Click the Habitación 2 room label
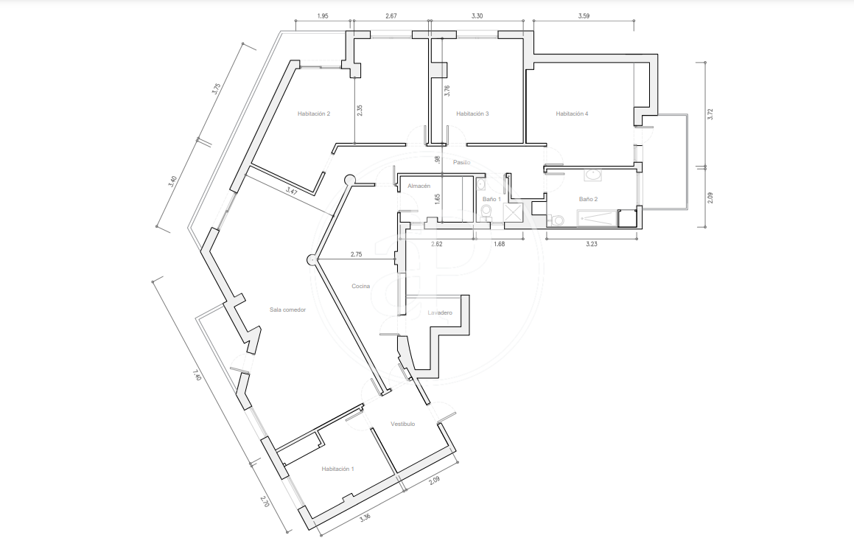pyautogui.click(x=314, y=113)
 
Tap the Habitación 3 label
pyautogui.click(x=472, y=113)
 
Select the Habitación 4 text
pyautogui.click(x=572, y=113)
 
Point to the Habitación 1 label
pyautogui.click(x=337, y=469)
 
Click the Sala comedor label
pyautogui.click(x=287, y=310)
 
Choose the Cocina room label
pyautogui.click(x=360, y=287)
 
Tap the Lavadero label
pyautogui.click(x=440, y=313)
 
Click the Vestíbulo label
pyautogui.click(x=402, y=425)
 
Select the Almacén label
pyautogui.click(x=419, y=186)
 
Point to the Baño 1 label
pyautogui.click(x=491, y=199)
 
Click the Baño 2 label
pyautogui.click(x=588, y=199)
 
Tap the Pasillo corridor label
pyautogui.click(x=462, y=162)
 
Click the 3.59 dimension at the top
pyautogui.click(x=584, y=16)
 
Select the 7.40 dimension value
pyautogui.click(x=197, y=375)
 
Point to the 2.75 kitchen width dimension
pyautogui.click(x=356, y=254)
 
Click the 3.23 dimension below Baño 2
pyautogui.click(x=592, y=244)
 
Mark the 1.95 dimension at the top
pyautogui.click(x=323, y=16)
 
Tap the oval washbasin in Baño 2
pyautogui.click(x=592, y=175)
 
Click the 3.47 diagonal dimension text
pyautogui.click(x=292, y=192)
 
